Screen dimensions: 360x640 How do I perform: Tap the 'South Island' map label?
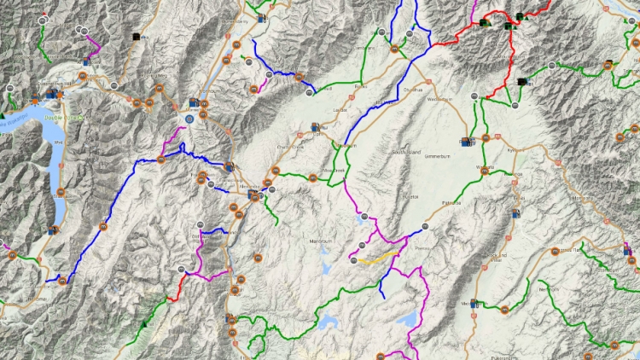tap(409, 153)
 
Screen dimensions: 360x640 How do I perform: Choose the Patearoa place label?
tap(451, 203)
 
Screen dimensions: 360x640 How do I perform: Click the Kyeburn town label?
tap(513, 150)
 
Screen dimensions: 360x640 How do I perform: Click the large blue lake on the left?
tap(57, 162)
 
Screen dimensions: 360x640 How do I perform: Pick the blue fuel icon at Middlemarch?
tap(475, 302)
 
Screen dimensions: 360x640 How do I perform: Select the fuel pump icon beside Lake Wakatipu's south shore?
tap(53, 229)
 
